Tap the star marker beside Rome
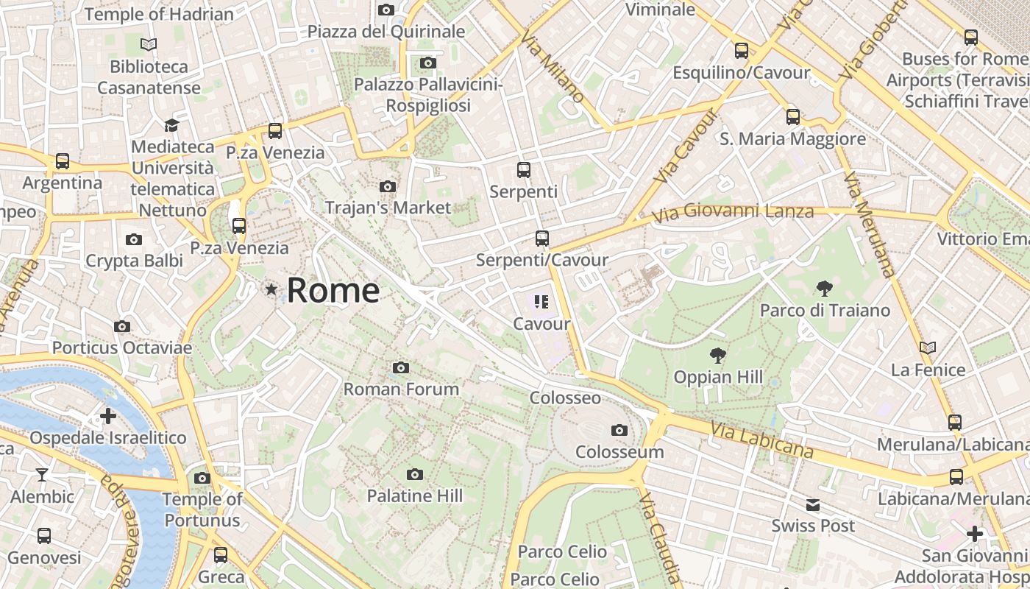272,289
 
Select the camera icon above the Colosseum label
619,430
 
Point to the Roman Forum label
401,389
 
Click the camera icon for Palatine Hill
415,474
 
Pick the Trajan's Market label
388,208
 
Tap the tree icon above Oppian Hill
717,356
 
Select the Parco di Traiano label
825,310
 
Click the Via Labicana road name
761,439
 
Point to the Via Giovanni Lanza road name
734,212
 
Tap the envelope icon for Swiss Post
813,505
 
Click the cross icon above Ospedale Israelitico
108,416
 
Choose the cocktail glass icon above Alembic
42,475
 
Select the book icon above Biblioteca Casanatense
149,45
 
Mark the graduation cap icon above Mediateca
172,125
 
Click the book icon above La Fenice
928,348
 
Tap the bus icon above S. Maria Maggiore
792,116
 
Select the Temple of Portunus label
202,509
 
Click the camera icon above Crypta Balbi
134,239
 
